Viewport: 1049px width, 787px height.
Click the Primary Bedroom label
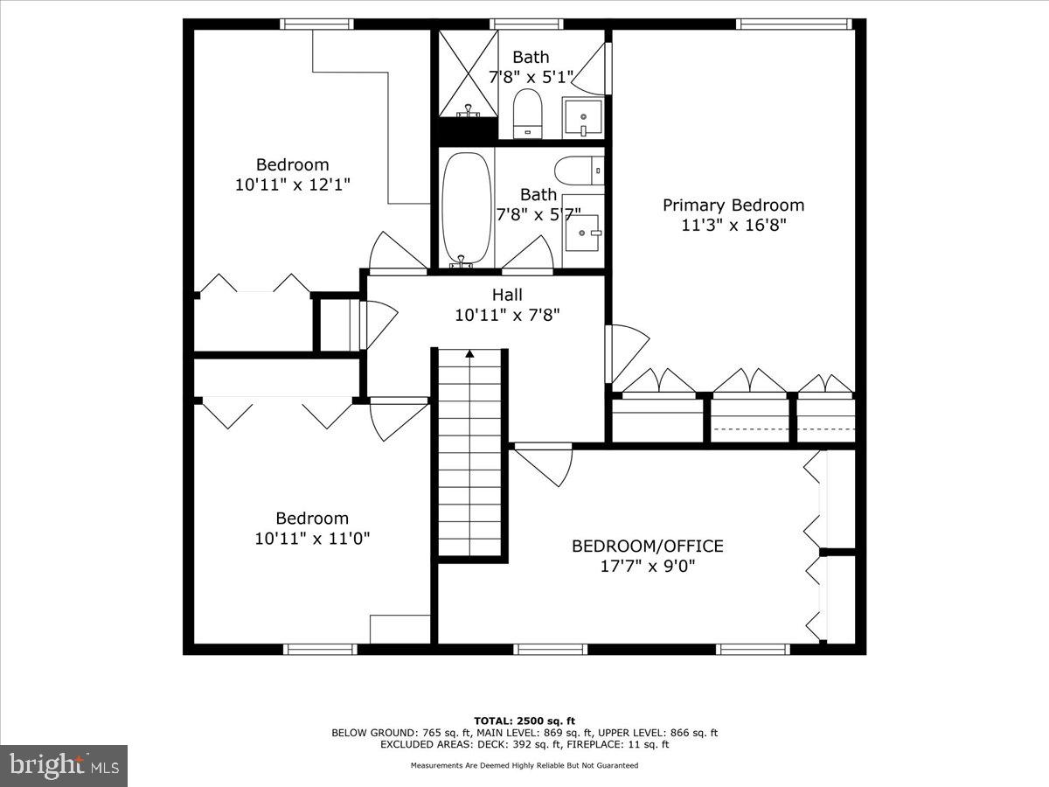point(733,205)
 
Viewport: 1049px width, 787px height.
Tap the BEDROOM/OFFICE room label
point(647,547)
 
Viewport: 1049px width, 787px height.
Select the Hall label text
point(507,296)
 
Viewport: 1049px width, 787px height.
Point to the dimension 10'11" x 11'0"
point(312,539)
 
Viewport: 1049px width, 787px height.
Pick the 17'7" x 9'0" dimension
point(647,566)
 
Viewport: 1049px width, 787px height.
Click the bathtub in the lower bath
point(467,208)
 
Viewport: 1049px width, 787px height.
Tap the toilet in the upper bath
point(527,114)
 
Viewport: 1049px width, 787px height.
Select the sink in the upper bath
point(582,116)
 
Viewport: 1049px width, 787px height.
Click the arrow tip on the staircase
point(469,353)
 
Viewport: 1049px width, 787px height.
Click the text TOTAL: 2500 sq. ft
point(524,721)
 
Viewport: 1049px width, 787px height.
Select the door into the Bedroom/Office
point(543,464)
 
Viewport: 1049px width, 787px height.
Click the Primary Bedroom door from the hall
point(626,354)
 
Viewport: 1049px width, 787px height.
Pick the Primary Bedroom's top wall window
point(793,24)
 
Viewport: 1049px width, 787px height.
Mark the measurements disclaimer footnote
point(524,765)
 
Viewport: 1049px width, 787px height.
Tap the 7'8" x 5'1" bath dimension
point(531,76)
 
